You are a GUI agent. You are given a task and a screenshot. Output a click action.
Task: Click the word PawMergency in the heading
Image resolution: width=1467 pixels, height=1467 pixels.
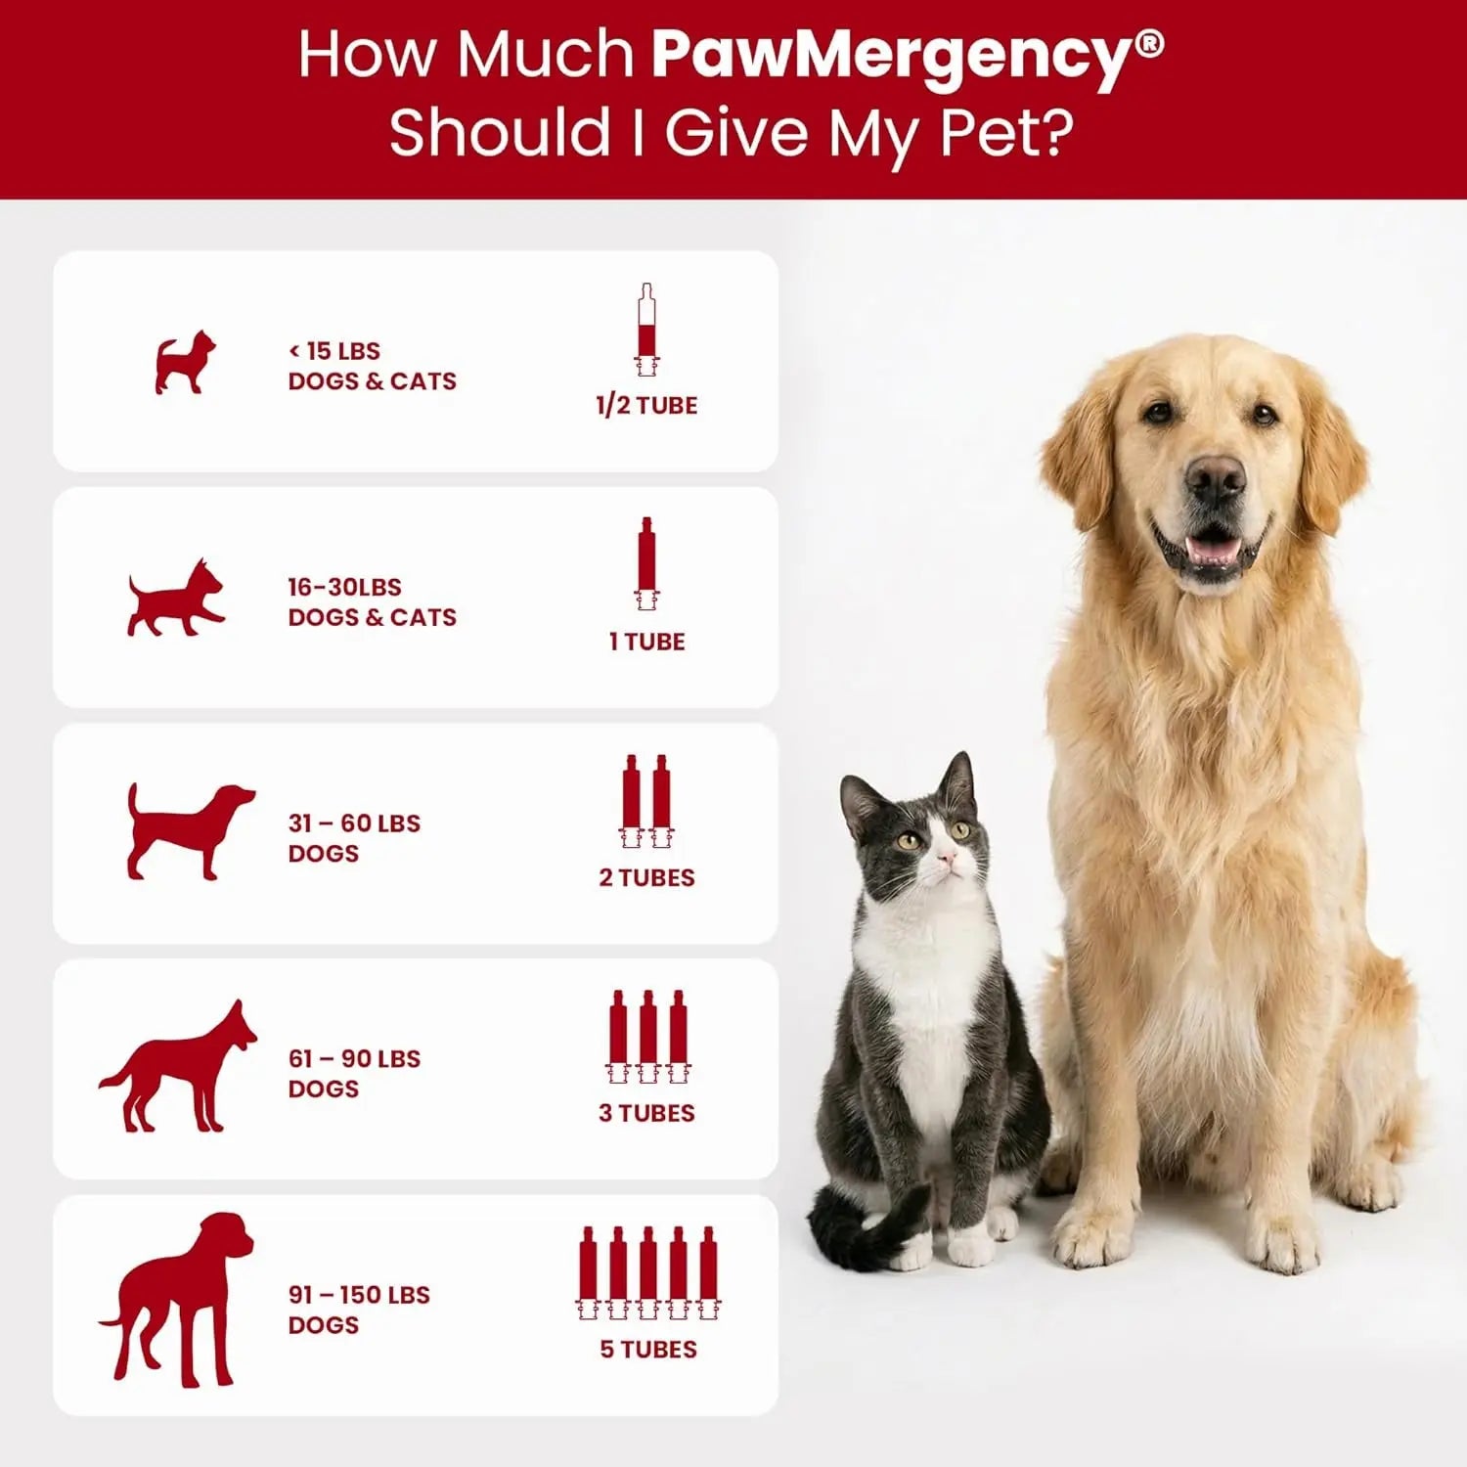point(890,56)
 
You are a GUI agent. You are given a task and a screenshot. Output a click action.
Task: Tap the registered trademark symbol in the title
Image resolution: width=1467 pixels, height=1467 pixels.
point(1151,43)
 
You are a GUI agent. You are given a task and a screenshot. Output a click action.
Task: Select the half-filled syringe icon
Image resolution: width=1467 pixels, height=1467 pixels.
point(645,330)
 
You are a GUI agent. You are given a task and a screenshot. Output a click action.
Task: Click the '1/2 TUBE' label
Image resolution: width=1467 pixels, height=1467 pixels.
point(646,405)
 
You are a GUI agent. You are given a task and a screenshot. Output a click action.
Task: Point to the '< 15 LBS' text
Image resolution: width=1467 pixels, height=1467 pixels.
point(333,350)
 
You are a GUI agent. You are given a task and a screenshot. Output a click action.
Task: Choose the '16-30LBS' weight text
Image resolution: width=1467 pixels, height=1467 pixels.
point(344,587)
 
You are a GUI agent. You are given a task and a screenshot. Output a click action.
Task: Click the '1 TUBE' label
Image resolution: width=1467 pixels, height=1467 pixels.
point(646,642)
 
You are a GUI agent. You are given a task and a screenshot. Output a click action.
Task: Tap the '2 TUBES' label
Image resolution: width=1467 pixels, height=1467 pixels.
point(646,877)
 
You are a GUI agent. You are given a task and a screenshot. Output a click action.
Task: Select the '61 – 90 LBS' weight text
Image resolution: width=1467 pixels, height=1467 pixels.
point(354,1058)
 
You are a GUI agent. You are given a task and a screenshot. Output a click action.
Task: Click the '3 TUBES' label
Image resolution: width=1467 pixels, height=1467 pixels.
point(646,1113)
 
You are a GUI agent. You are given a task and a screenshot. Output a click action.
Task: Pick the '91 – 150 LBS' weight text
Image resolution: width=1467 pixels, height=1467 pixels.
point(359,1294)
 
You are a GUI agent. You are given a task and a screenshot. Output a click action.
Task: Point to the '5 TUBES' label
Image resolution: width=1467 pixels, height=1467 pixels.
point(648,1349)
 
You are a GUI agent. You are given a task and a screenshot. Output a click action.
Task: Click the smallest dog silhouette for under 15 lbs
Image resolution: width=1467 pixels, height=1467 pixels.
point(185,363)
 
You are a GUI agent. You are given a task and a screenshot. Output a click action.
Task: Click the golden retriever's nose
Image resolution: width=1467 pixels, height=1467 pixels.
point(1215,478)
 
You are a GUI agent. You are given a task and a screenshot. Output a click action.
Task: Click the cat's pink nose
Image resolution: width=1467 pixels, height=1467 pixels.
point(946,858)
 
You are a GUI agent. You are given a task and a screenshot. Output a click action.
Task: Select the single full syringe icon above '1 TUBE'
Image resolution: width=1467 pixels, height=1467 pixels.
point(645,562)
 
